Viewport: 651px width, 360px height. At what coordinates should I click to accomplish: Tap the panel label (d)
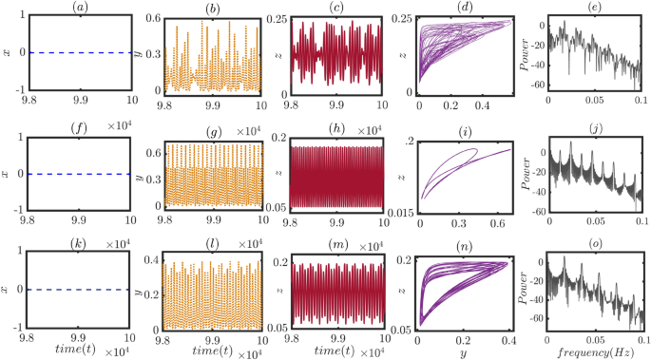point(466,8)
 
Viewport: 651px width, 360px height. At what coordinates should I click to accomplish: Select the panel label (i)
point(466,132)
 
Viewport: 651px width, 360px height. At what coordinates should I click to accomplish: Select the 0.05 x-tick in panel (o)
point(595,337)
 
